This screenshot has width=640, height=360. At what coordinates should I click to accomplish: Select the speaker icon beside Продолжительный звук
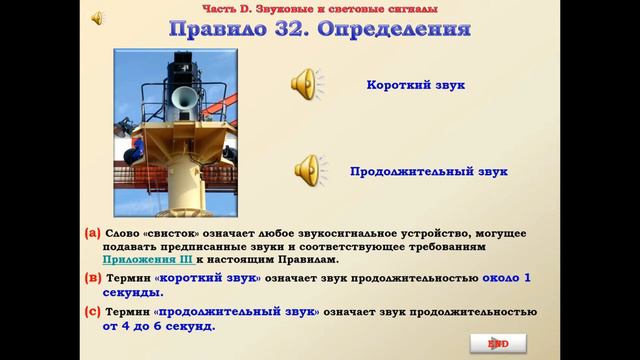pyautogui.click(x=306, y=171)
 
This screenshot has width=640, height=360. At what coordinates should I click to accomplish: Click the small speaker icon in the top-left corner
pyautogui.click(x=98, y=17)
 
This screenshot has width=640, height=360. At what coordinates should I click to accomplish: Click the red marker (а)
pyautogui.click(x=93, y=233)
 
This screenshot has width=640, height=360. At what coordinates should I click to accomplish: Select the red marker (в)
pyautogui.click(x=93, y=276)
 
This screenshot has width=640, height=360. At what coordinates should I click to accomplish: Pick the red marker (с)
pyautogui.click(x=93, y=312)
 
